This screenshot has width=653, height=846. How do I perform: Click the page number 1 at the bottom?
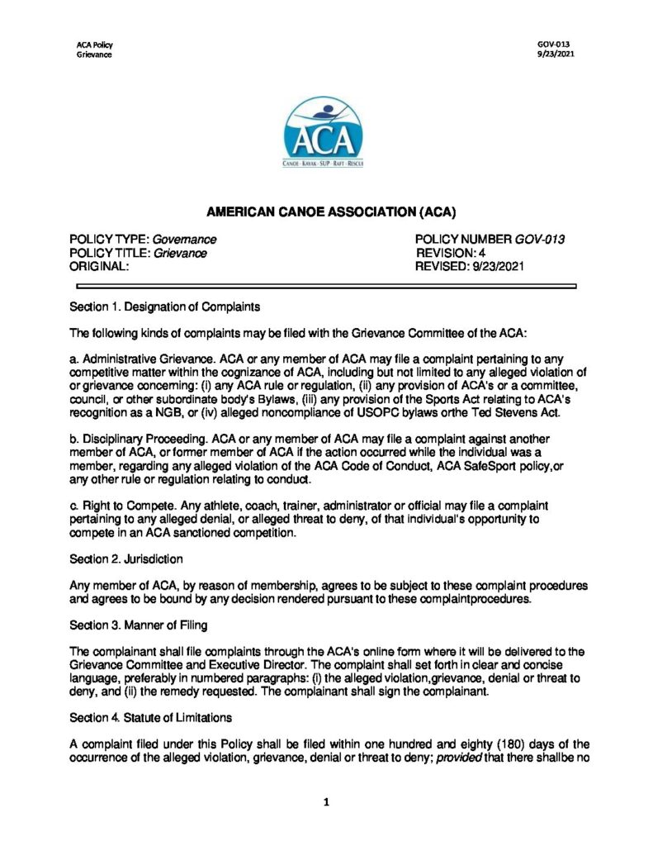pyautogui.click(x=326, y=801)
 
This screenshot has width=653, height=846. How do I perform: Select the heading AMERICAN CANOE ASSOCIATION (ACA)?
pyautogui.click(x=326, y=211)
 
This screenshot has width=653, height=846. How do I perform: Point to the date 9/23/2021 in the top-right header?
pyautogui.click(x=553, y=55)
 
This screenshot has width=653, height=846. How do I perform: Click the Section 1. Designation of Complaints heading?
pyautogui.click(x=165, y=307)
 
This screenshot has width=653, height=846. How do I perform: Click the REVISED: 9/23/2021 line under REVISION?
pyautogui.click(x=469, y=266)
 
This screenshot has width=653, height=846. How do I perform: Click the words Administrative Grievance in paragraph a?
pyautogui.click(x=140, y=359)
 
